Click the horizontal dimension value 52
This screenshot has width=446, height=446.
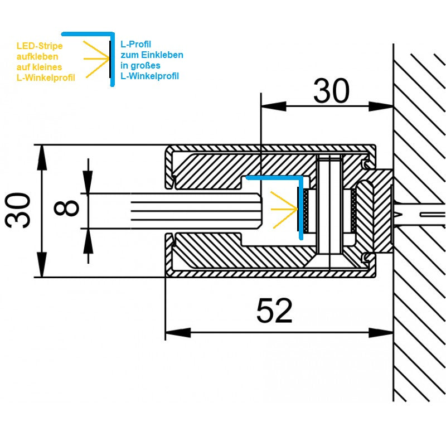pos(274,311)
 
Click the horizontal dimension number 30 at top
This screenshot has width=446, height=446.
pos(331,91)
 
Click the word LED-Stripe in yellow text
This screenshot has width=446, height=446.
pos(40,46)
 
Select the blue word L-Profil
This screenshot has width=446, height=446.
pos(136,44)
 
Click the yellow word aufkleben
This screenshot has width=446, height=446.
pos(38,56)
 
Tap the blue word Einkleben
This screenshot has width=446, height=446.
pos(162,55)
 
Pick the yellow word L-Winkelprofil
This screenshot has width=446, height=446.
pos(46,77)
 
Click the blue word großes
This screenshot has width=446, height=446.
pos(148,65)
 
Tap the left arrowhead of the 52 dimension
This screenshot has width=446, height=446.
pos(173,333)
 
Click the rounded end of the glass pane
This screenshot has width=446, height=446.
pos(260,211)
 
